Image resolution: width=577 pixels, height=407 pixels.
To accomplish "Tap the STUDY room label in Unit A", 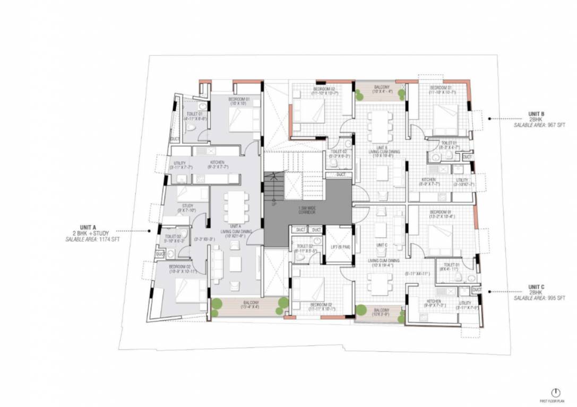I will (187, 206).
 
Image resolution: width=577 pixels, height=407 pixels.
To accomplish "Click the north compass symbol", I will (555, 392).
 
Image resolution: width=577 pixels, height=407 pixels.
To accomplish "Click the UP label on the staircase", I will (273, 204).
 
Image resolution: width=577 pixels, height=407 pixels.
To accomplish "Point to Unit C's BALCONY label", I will (381, 310).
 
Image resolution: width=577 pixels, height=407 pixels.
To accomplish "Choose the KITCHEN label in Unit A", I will (217, 163).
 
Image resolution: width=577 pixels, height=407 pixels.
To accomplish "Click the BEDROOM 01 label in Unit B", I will (441, 87).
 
